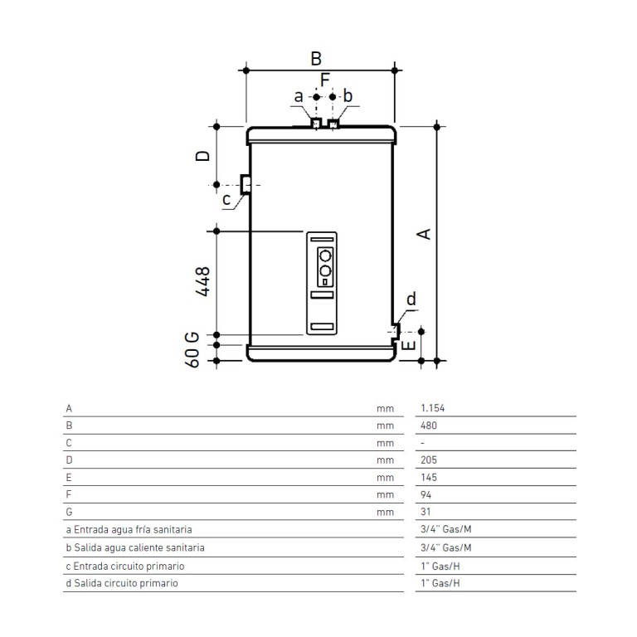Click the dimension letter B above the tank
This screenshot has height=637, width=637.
coord(316,59)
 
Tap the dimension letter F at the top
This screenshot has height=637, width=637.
coord(325,80)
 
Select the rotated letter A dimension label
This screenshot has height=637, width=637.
coord(424,234)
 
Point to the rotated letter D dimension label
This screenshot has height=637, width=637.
coord(202,156)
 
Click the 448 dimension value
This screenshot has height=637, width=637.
coord(202,281)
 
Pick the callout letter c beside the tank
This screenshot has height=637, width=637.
coord(226,199)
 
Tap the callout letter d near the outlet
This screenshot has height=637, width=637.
coord(411,299)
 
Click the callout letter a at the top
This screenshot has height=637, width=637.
coord(299,97)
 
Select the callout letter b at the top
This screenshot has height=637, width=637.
coord(348,96)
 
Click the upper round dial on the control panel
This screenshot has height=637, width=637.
coord(325,256)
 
